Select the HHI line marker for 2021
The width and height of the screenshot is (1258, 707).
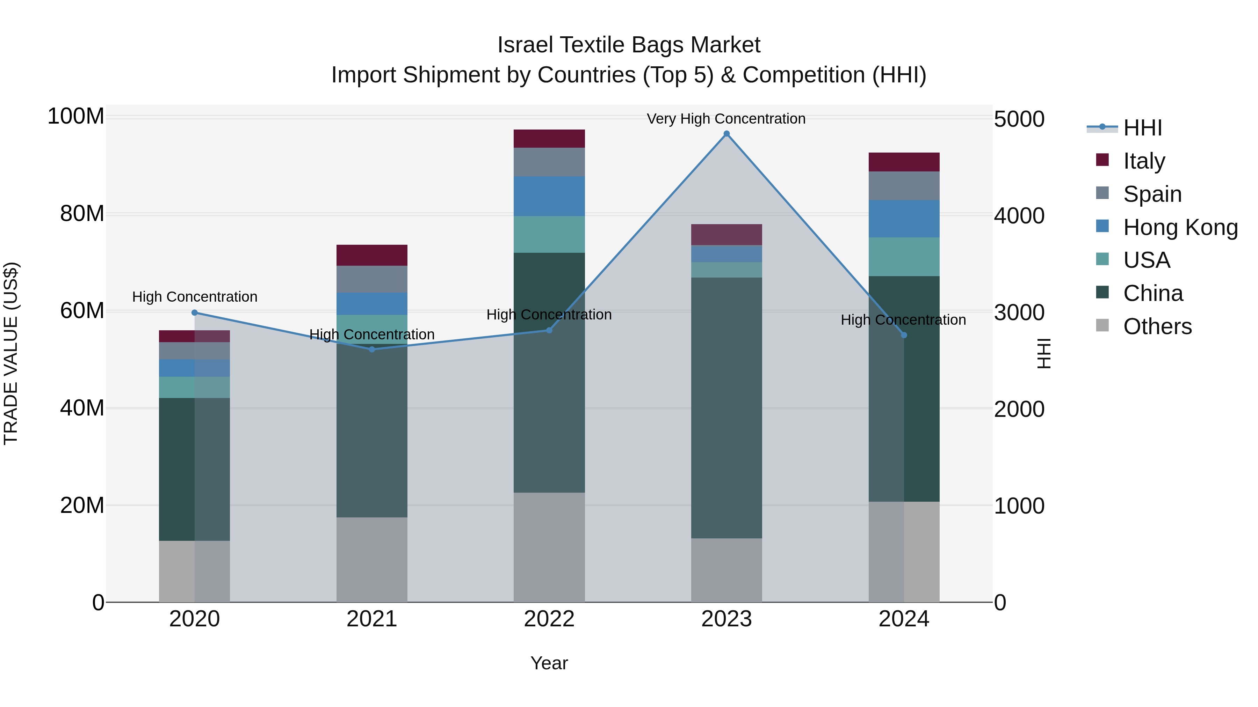click(372, 349)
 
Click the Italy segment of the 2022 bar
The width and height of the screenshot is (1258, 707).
click(549, 139)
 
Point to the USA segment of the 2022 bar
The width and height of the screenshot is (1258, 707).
click(549, 234)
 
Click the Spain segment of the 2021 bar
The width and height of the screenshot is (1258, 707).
click(372, 279)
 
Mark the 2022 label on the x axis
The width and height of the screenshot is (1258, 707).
click(549, 619)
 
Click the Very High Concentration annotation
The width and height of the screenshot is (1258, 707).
click(726, 119)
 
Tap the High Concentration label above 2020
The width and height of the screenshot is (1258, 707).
click(194, 297)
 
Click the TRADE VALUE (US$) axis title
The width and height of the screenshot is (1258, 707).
click(11, 353)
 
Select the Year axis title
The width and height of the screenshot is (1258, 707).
click(549, 663)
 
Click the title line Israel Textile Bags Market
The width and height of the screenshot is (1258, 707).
click(629, 45)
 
